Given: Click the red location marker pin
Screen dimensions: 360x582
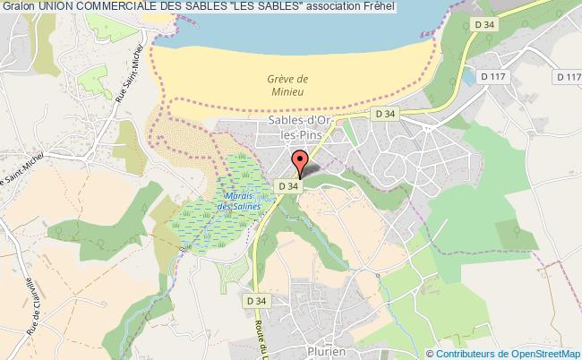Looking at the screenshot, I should [x=301, y=164].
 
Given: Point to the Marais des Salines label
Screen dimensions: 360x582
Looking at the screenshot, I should [x=243, y=201].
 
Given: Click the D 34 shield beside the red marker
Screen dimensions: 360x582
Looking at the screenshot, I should [x=288, y=185].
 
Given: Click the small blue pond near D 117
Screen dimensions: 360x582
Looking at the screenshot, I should [x=468, y=78].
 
